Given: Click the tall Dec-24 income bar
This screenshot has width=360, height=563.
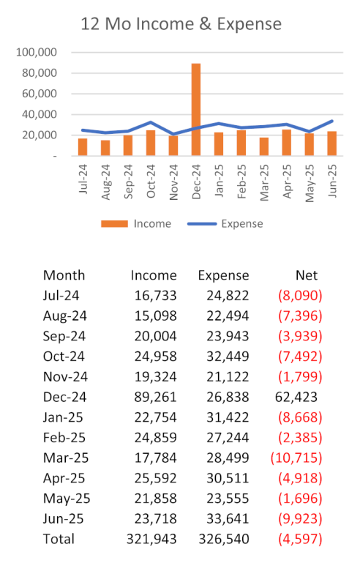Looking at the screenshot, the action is click(x=196, y=110).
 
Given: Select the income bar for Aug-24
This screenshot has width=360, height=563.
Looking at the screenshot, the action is click(x=105, y=148).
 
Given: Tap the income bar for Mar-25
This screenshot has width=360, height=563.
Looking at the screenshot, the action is click(x=264, y=146).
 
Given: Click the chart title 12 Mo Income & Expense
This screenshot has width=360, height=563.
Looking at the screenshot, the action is click(x=181, y=24).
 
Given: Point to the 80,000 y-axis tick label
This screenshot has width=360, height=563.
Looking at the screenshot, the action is click(x=40, y=73).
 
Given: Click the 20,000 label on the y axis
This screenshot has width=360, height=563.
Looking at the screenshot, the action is click(x=40, y=135).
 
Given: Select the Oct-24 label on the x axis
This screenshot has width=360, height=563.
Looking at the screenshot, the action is click(x=151, y=181).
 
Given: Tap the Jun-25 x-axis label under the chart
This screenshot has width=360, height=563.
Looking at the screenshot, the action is click(x=332, y=181).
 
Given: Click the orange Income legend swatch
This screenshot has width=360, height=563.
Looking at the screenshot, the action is click(x=114, y=224).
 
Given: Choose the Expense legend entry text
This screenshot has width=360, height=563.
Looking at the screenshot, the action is click(x=242, y=224).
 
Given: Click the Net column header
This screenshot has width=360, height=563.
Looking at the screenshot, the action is click(x=307, y=275).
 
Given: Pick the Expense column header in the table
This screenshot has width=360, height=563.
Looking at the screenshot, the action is click(x=224, y=276).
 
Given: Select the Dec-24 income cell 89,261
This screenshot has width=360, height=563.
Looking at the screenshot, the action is click(x=155, y=397).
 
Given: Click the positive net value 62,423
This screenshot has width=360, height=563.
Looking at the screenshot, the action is click(x=296, y=397).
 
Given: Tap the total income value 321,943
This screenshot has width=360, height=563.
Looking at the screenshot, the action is click(x=151, y=539).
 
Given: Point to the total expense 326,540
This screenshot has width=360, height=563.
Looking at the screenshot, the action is click(x=224, y=539).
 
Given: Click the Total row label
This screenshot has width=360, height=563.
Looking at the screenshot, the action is click(x=59, y=539).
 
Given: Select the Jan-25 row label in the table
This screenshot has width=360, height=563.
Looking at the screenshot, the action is click(x=63, y=417).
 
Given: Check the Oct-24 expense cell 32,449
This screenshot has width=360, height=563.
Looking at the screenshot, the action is click(x=228, y=357).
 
